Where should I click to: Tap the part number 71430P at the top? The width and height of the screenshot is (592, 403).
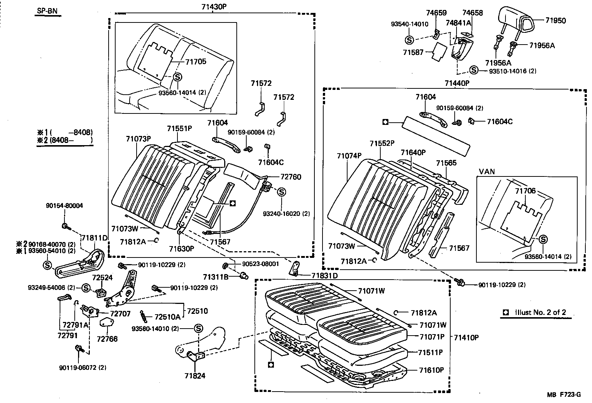click(x=214, y=7)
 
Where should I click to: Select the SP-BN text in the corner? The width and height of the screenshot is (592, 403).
click(x=47, y=11)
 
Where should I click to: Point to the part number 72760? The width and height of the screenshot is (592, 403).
click(x=290, y=177)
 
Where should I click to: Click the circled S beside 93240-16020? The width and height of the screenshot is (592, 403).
click(x=281, y=192)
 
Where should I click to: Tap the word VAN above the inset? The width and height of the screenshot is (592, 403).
click(x=487, y=172)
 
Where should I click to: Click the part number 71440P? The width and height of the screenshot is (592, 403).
click(x=457, y=83)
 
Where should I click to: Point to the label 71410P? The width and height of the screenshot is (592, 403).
click(x=466, y=337)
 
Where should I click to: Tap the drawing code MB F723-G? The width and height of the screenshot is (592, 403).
click(x=564, y=395)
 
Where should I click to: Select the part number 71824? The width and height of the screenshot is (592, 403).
click(x=195, y=376)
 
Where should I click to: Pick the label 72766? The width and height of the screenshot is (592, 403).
click(x=107, y=339)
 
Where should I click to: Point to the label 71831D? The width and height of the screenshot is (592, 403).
click(x=324, y=276)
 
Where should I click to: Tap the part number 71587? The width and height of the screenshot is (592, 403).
click(x=413, y=52)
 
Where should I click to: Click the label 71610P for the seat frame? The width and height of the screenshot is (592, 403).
click(x=431, y=370)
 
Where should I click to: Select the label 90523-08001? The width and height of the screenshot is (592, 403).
click(x=261, y=264)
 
